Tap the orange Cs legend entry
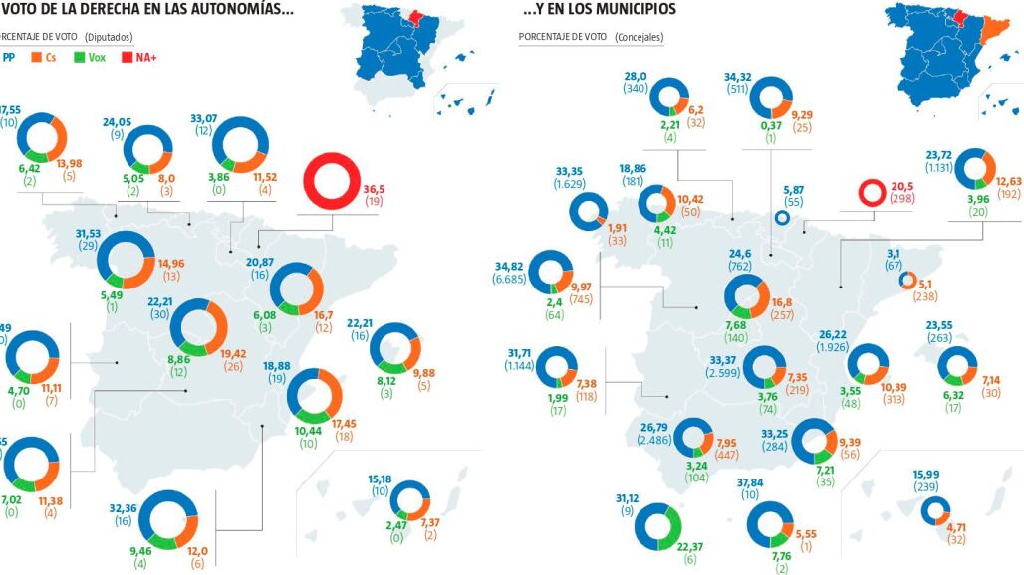pyautogui.click(x=45, y=57)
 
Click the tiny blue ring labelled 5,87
pyautogui.click(x=782, y=219)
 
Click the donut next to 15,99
pyautogui.click(x=935, y=510)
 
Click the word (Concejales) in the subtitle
pyautogui.click(x=640, y=37)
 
